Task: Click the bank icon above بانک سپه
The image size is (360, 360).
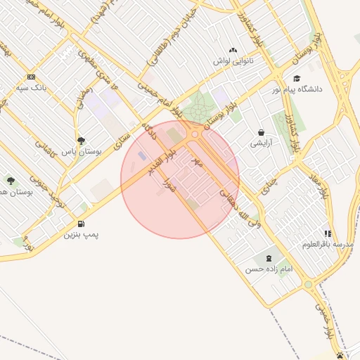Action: [x=30, y=77]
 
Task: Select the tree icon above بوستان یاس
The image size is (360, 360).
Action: [x=82, y=141]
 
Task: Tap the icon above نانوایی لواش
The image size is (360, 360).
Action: [x=233, y=51]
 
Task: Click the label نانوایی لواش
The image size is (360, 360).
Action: [x=233, y=61]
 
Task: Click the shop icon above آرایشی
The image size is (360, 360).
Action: [x=262, y=132]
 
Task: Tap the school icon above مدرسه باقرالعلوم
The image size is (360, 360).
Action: [x=328, y=233]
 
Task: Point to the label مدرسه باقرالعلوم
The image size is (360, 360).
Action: [x=338, y=244]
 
